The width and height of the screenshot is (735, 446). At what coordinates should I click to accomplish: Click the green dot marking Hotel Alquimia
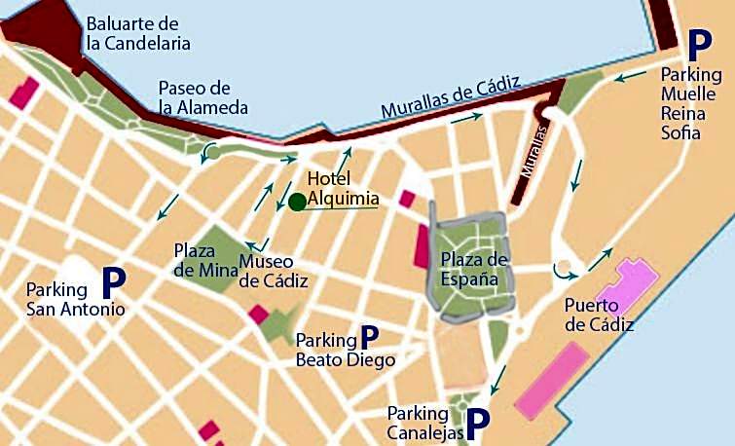tap(297, 202)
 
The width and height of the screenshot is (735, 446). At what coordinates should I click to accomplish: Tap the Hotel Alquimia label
tap(341, 189)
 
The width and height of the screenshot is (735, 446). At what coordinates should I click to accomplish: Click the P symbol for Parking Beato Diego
tap(369, 338)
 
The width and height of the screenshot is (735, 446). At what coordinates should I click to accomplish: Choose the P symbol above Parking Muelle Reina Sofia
tap(698, 44)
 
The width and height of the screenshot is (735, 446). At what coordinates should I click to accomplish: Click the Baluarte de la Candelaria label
tap(137, 32)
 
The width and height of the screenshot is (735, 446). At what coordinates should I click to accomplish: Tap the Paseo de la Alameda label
tap(202, 97)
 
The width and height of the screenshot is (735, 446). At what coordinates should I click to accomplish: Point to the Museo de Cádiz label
tap(274, 272)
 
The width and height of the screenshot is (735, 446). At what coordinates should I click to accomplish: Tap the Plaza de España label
tap(475, 269)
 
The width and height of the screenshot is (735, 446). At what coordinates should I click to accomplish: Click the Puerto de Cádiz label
tap(599, 316)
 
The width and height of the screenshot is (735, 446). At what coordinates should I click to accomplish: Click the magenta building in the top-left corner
tap(23, 93)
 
